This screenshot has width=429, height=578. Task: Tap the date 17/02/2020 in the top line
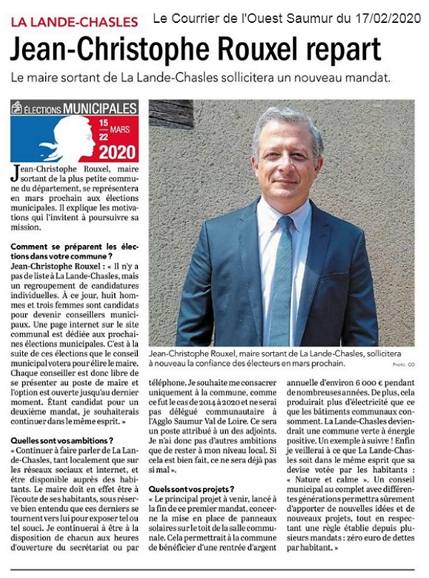pos(388,17)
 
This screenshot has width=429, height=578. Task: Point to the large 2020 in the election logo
pos(118,151)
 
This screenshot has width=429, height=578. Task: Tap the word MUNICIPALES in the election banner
pos(99,109)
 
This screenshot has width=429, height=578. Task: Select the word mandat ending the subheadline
pos(369,77)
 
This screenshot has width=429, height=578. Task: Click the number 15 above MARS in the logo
pos(104,123)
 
